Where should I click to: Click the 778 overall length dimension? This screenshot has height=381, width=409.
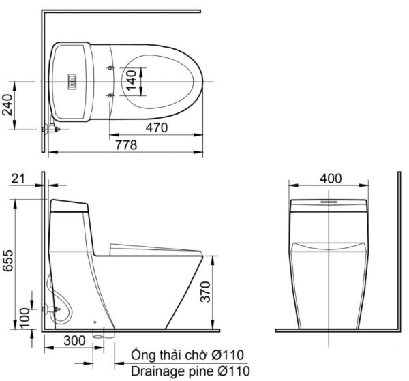[126, 145]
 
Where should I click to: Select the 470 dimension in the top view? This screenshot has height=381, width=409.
[157, 127]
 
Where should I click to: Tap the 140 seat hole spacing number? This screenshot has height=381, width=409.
[131, 80]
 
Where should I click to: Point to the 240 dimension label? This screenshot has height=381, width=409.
[7, 105]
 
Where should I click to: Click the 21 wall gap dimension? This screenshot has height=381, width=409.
[18, 179]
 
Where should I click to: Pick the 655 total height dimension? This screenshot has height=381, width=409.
[7, 261]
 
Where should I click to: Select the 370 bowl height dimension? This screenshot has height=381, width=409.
[205, 292]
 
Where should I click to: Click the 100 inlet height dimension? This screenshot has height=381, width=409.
[25, 318]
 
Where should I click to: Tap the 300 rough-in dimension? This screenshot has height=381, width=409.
[74, 341]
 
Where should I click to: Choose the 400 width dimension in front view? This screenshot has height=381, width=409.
[331, 179]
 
